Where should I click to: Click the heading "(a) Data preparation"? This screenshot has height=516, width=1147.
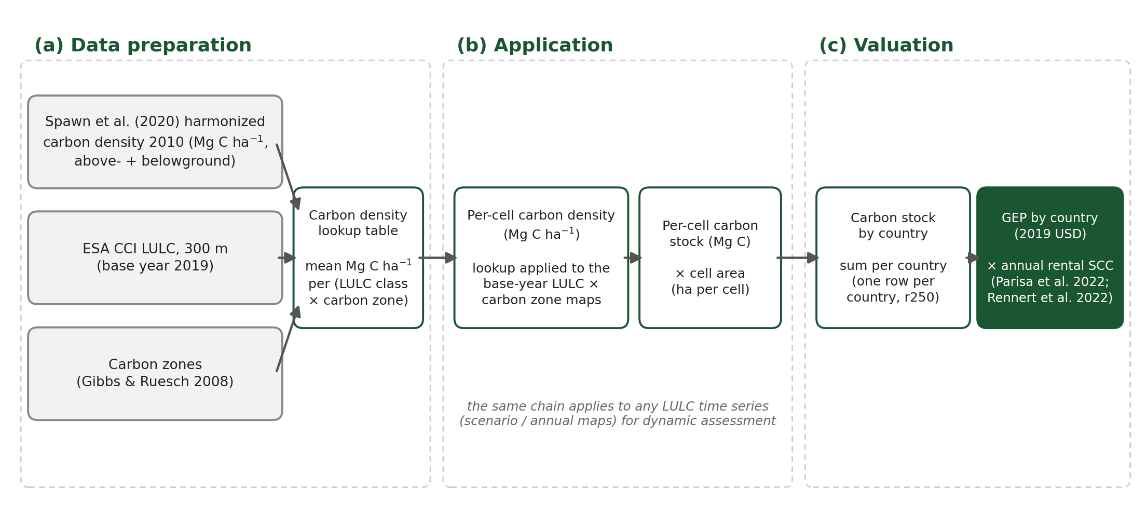143,46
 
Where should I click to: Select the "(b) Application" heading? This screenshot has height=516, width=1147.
535,46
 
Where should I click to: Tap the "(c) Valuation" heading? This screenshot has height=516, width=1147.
886,46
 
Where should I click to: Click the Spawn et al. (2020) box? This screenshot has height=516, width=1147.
155,142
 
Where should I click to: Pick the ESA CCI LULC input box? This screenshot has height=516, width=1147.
155,257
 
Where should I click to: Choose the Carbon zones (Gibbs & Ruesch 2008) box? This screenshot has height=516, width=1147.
155,374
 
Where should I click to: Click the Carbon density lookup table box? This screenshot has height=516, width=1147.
358,257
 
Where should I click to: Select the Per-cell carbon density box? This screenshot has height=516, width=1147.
541,257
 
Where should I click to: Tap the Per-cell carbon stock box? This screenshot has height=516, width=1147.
710,257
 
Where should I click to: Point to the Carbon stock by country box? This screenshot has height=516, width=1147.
893,257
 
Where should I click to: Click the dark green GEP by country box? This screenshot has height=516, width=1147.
1050,257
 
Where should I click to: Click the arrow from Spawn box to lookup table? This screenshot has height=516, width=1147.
288,177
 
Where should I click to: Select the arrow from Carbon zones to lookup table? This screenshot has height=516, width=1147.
288,338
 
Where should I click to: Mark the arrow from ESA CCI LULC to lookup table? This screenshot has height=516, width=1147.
287,257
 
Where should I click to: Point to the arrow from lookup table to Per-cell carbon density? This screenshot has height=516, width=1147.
438,257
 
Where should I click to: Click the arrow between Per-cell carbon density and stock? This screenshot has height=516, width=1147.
633,257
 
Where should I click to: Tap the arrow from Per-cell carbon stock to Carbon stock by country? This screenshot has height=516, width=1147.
798,257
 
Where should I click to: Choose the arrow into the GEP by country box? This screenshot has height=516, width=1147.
973,257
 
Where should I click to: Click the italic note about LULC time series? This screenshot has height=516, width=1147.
618,414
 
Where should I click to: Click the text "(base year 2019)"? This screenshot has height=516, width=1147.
155,266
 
